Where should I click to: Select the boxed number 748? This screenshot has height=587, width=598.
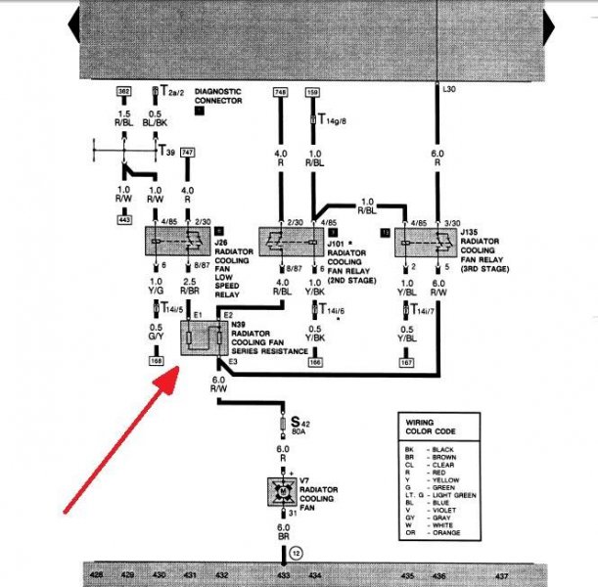point(281,92)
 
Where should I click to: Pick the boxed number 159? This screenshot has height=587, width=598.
point(312,92)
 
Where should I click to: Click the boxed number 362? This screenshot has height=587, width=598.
point(123,92)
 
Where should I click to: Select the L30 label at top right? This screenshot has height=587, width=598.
point(449,90)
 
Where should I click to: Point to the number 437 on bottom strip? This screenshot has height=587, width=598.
point(502,576)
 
